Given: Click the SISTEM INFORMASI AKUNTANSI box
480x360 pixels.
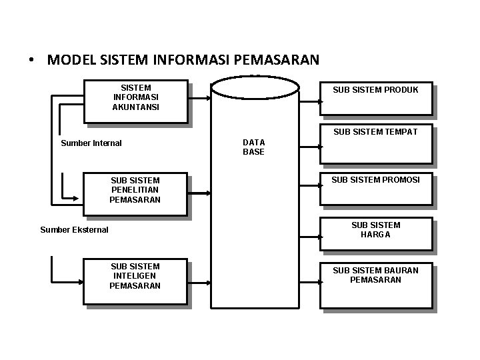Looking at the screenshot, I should click(135, 101).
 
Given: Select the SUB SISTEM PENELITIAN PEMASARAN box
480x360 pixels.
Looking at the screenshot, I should click(135, 195).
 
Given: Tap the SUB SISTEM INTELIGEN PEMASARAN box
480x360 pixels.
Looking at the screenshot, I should click(135, 282).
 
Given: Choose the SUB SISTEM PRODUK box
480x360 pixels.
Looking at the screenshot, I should click(376, 99).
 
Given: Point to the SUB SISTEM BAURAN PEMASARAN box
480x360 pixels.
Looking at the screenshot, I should click(376, 285).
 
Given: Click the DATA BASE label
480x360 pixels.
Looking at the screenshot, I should click(253, 147).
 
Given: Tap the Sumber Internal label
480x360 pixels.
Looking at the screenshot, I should click(91, 143).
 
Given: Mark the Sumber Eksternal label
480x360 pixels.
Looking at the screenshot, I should click(74, 230).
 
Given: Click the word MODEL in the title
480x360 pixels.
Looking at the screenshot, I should click(73, 60).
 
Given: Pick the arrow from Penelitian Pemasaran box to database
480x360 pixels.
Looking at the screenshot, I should click(199, 193).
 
